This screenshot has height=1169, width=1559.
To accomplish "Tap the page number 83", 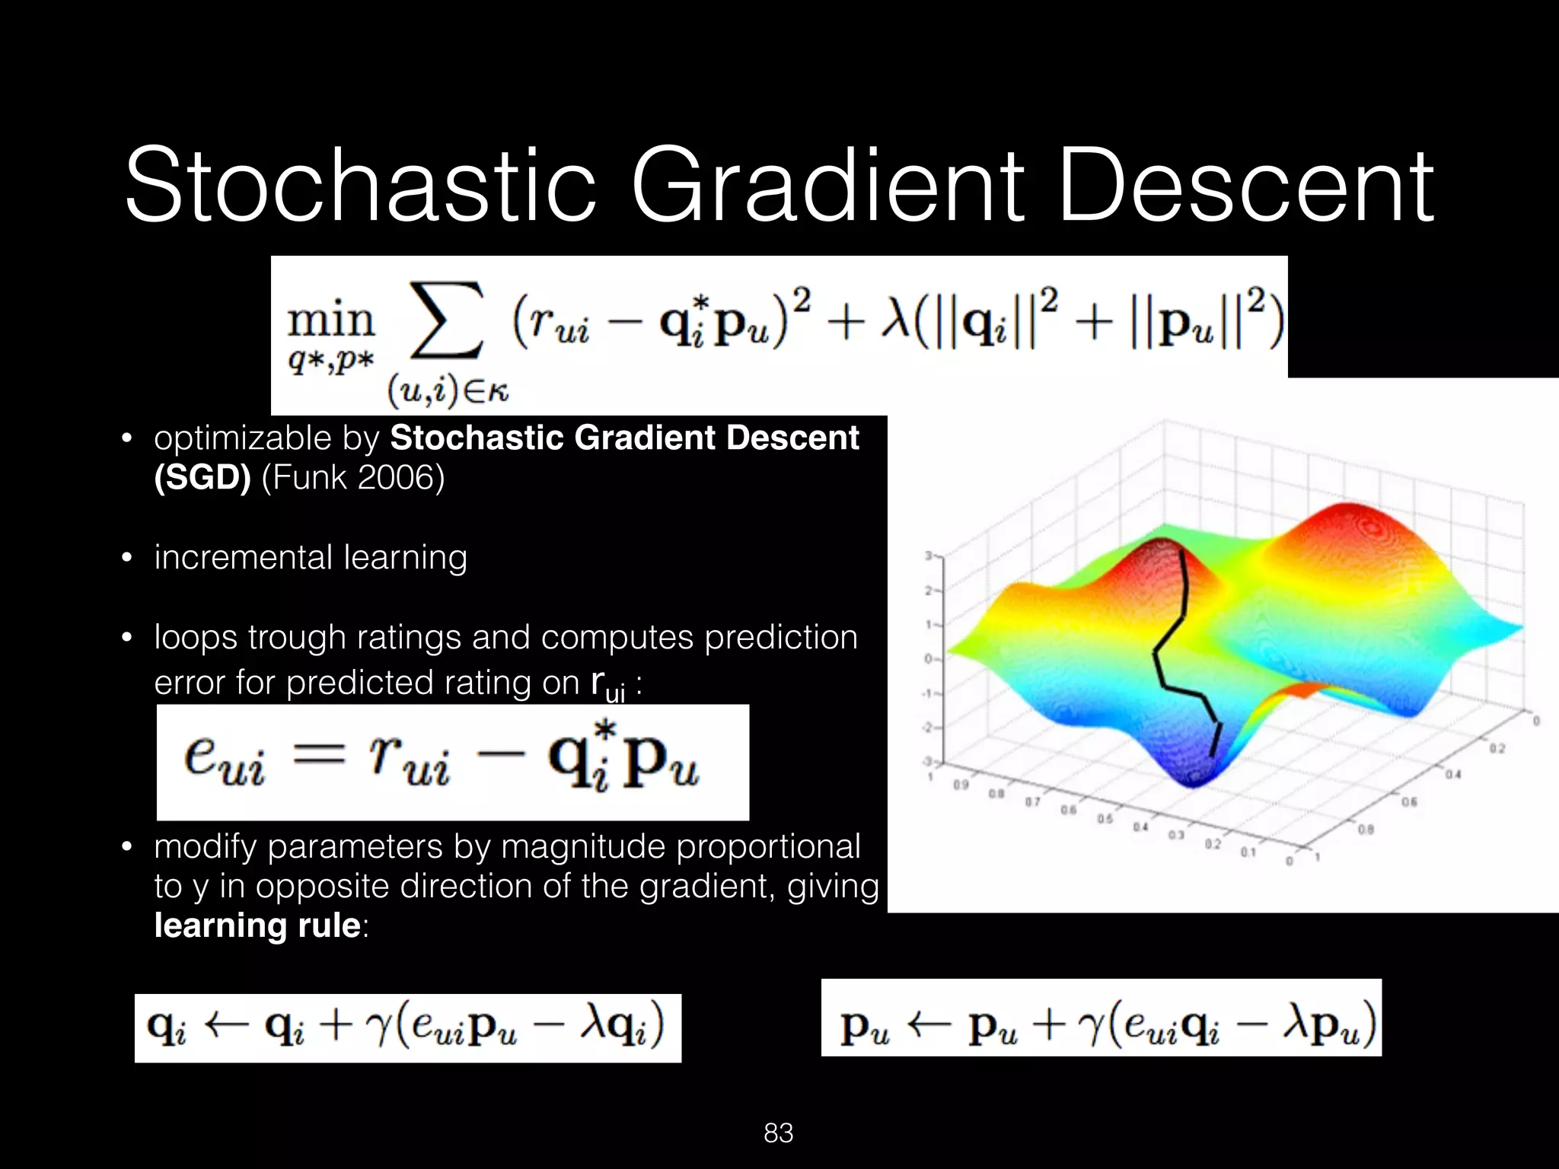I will (x=779, y=1133).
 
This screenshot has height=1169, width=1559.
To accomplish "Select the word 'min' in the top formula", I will (x=330, y=321).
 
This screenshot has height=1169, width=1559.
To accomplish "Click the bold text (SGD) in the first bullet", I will (x=202, y=478).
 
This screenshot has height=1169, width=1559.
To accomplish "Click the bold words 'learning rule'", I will (x=257, y=925).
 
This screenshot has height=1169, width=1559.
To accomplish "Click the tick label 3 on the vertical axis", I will (x=929, y=556).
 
